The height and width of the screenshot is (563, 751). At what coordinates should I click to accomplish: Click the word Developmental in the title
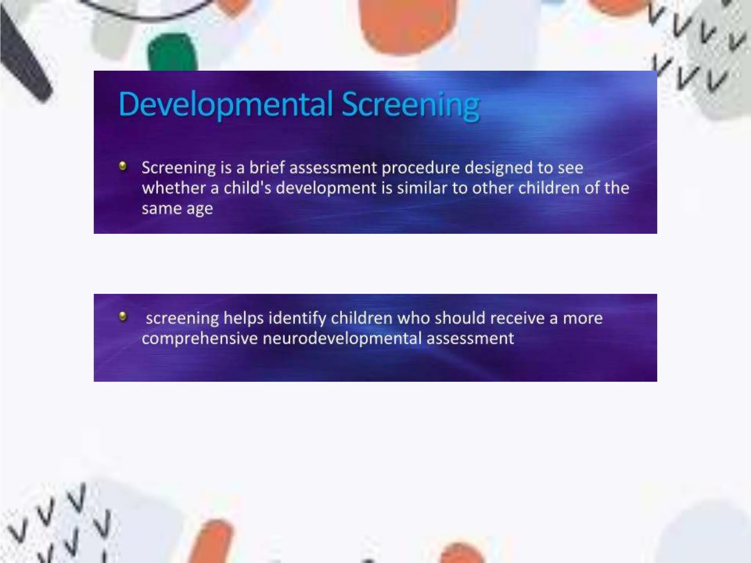pyautogui.click(x=226, y=104)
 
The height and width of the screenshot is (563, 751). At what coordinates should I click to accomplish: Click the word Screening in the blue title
pyautogui.click(x=410, y=105)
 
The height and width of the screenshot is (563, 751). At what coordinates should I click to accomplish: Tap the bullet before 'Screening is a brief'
pyautogui.click(x=123, y=166)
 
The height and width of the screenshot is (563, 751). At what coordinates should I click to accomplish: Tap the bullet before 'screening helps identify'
pyautogui.click(x=123, y=316)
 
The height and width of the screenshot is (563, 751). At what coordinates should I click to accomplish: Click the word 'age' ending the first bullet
pyautogui.click(x=199, y=209)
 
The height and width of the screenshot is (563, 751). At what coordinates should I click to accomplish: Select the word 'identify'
pyautogui.click(x=297, y=318)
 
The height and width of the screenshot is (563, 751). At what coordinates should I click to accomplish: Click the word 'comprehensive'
pyautogui.click(x=199, y=339)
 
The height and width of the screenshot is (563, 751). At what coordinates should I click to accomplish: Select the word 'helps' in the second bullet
pyautogui.click(x=243, y=318)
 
